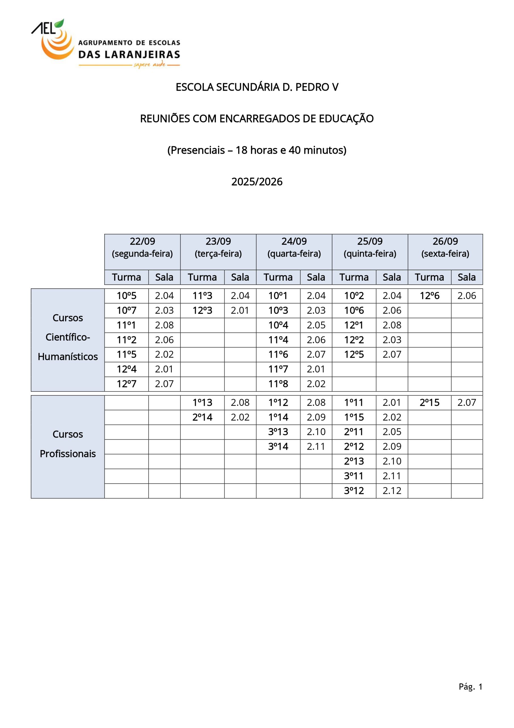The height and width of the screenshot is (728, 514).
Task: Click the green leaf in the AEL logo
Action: coord(59,24)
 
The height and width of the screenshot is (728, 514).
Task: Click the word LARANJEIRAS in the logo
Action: coord(142,55)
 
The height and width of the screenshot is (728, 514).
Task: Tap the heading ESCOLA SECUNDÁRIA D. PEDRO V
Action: coord(257,87)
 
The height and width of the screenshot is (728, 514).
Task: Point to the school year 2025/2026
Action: coord(257,182)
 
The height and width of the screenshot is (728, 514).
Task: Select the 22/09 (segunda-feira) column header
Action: coord(142,248)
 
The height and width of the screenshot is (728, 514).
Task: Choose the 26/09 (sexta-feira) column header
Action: coord(445,248)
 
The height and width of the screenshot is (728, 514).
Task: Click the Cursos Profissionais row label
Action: coord(68,444)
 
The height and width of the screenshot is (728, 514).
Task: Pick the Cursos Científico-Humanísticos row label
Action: coord(68,337)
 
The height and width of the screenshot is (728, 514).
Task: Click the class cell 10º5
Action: coord(126,296)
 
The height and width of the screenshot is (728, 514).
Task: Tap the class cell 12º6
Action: coord(429,296)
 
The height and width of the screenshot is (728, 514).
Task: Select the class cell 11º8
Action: coord(278,384)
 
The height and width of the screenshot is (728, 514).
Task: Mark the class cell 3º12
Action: coord(354,491)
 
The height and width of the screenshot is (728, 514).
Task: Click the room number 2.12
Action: coord(392,491)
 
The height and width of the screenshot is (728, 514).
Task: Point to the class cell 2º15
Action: coord(429,403)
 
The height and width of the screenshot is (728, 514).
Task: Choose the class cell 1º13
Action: coord(202,403)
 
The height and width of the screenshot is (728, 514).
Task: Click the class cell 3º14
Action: coord(278,447)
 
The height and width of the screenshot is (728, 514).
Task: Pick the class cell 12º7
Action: coord(126,384)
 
